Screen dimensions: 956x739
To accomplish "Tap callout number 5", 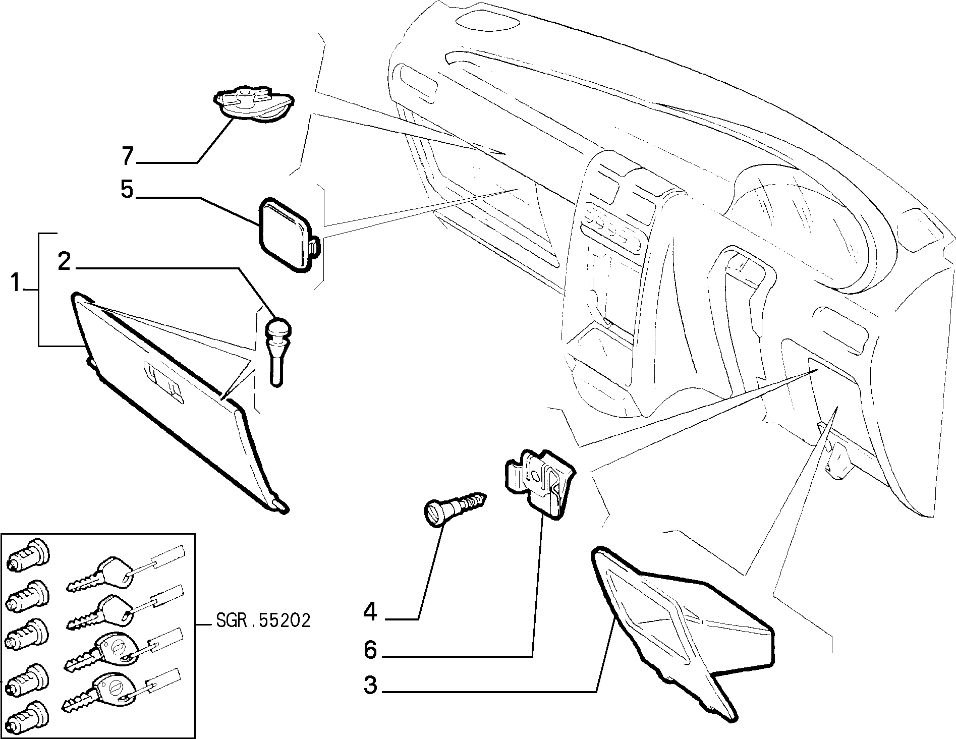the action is [127, 190].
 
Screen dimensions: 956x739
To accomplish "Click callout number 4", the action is [371, 612].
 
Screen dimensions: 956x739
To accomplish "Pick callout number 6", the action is [371, 650].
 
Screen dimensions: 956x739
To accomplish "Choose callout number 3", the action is [371, 686].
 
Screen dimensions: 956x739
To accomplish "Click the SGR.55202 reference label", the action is [263, 620].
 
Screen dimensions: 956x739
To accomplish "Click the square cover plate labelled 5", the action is [287, 235].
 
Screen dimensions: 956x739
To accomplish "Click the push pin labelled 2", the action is [278, 351].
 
